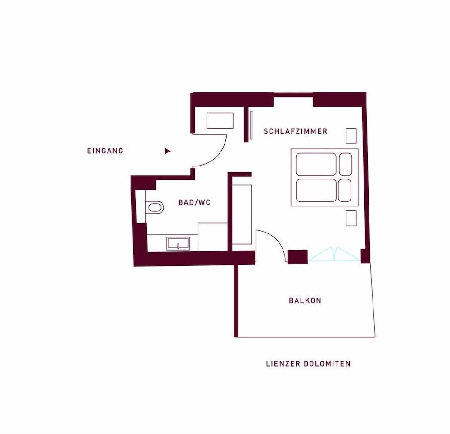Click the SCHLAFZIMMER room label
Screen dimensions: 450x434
pyautogui.click(x=295, y=131)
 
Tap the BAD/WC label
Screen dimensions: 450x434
pyautogui.click(x=194, y=202)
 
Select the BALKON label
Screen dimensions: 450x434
pyautogui.click(x=305, y=300)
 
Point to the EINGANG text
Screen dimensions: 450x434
pyautogui.click(x=105, y=151)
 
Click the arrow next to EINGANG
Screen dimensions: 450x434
pyautogui.click(x=167, y=151)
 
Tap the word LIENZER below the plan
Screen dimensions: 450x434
pyautogui.click(x=283, y=364)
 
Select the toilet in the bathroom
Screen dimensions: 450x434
pyautogui.click(x=155, y=207)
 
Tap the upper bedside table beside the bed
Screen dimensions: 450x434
pyautogui.click(x=351, y=136)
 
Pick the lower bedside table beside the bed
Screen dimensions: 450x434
pyautogui.click(x=351, y=218)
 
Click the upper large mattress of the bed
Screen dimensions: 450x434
pyautogui.click(x=316, y=164)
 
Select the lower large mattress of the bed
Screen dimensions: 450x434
pyautogui.click(x=316, y=191)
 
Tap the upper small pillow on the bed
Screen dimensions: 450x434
pyautogui.click(x=346, y=164)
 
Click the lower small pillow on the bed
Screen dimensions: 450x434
pyautogui.click(x=345, y=191)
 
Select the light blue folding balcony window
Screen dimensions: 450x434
pyautogui.click(x=335, y=255)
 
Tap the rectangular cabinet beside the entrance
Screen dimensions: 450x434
pyautogui.click(x=220, y=121)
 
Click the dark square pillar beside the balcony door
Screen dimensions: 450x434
pyautogui.click(x=297, y=257)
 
